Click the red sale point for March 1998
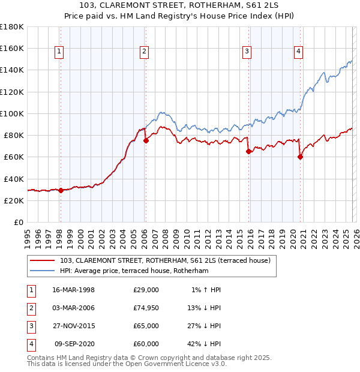61,190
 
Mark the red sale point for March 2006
146,140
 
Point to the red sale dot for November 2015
248,151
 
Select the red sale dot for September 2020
300,157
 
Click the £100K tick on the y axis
12,113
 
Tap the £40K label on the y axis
14,179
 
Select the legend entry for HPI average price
134,271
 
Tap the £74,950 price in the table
146,308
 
